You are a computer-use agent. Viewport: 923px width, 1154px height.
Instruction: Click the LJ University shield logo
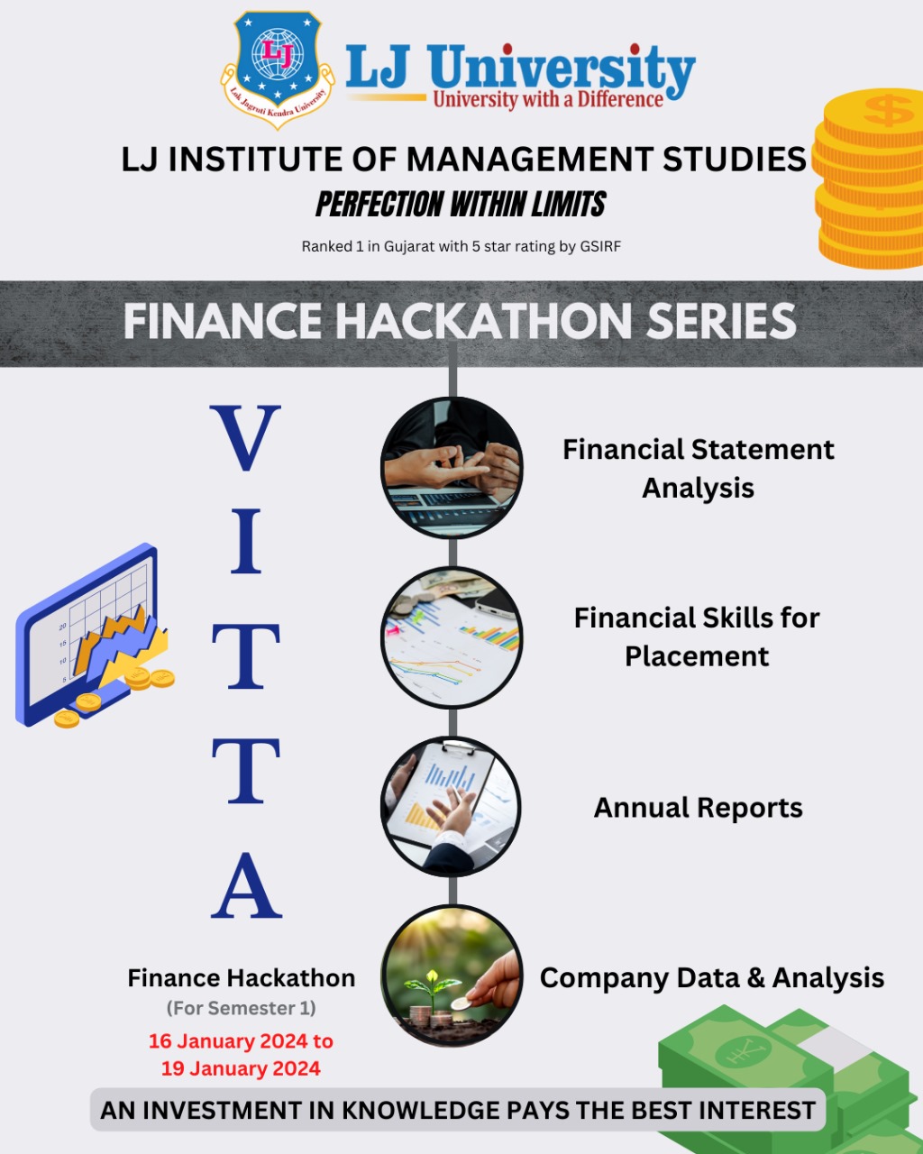pos(277,68)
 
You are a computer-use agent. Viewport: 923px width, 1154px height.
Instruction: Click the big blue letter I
pos(245,542)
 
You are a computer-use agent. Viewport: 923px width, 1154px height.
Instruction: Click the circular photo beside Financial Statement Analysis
pos(452,466)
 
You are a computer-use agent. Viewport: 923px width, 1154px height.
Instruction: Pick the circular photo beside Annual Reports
pos(451,806)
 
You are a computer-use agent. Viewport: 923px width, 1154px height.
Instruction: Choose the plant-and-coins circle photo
pos(452,976)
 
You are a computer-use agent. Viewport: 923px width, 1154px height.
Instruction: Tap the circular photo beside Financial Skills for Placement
pos(452,637)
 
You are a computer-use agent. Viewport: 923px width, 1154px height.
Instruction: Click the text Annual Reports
pos(698,808)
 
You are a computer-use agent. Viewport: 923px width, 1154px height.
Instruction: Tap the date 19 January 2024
pos(241,1069)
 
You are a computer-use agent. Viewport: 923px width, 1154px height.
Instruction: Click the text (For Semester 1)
pos(241,1008)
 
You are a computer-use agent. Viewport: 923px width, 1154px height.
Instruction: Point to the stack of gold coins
pos(869,180)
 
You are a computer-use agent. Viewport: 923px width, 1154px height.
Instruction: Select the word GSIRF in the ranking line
pos(599,246)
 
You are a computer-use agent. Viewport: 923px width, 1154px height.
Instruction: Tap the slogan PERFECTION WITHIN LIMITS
pos(461,205)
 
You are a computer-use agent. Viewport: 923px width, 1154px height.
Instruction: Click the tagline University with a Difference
pos(548,99)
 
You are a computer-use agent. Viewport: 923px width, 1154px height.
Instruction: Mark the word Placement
pos(697,656)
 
